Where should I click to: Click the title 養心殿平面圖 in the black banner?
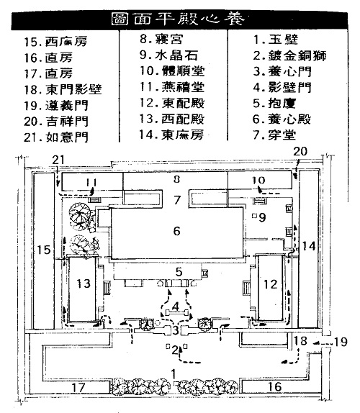[x=177, y=19]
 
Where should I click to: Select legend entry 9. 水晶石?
[x=168, y=55]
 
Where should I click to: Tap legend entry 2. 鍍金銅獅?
[x=289, y=55]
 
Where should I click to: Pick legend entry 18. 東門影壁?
[x=63, y=89]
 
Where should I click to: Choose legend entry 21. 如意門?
[x=56, y=137]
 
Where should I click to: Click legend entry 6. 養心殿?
[x=282, y=119]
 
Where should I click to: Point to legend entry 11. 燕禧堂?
[x=172, y=87]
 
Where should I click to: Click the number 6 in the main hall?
[x=177, y=231]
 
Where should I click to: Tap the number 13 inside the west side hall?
[x=84, y=283]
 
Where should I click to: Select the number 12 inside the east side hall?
[x=271, y=284]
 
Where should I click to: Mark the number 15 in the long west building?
[x=43, y=250]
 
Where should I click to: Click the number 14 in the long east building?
[x=309, y=246]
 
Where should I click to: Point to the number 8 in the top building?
[x=177, y=179]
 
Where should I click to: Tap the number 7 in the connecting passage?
[x=177, y=200]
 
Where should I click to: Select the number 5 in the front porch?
[x=179, y=271]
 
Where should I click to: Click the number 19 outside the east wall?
[x=341, y=342]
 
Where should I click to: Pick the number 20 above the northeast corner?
[x=300, y=151]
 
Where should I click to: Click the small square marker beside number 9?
[x=254, y=216]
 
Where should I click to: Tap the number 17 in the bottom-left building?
[x=78, y=387]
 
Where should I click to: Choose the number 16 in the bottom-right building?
[x=274, y=386]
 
